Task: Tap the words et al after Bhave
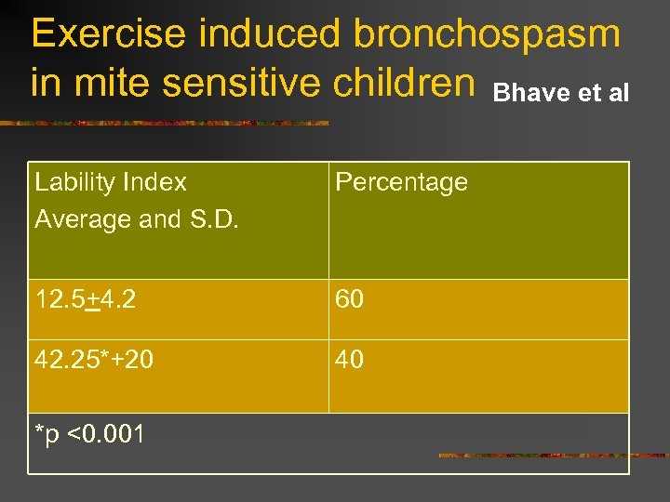[x=604, y=93]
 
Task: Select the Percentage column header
[x=401, y=182]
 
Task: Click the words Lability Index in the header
[x=111, y=182]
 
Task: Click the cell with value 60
[x=349, y=299]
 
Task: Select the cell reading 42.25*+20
[x=94, y=359]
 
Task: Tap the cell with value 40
[x=349, y=359]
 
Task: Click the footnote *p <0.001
[x=89, y=432]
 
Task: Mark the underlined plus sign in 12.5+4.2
[x=92, y=300]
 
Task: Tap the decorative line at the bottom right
[x=553, y=456]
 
